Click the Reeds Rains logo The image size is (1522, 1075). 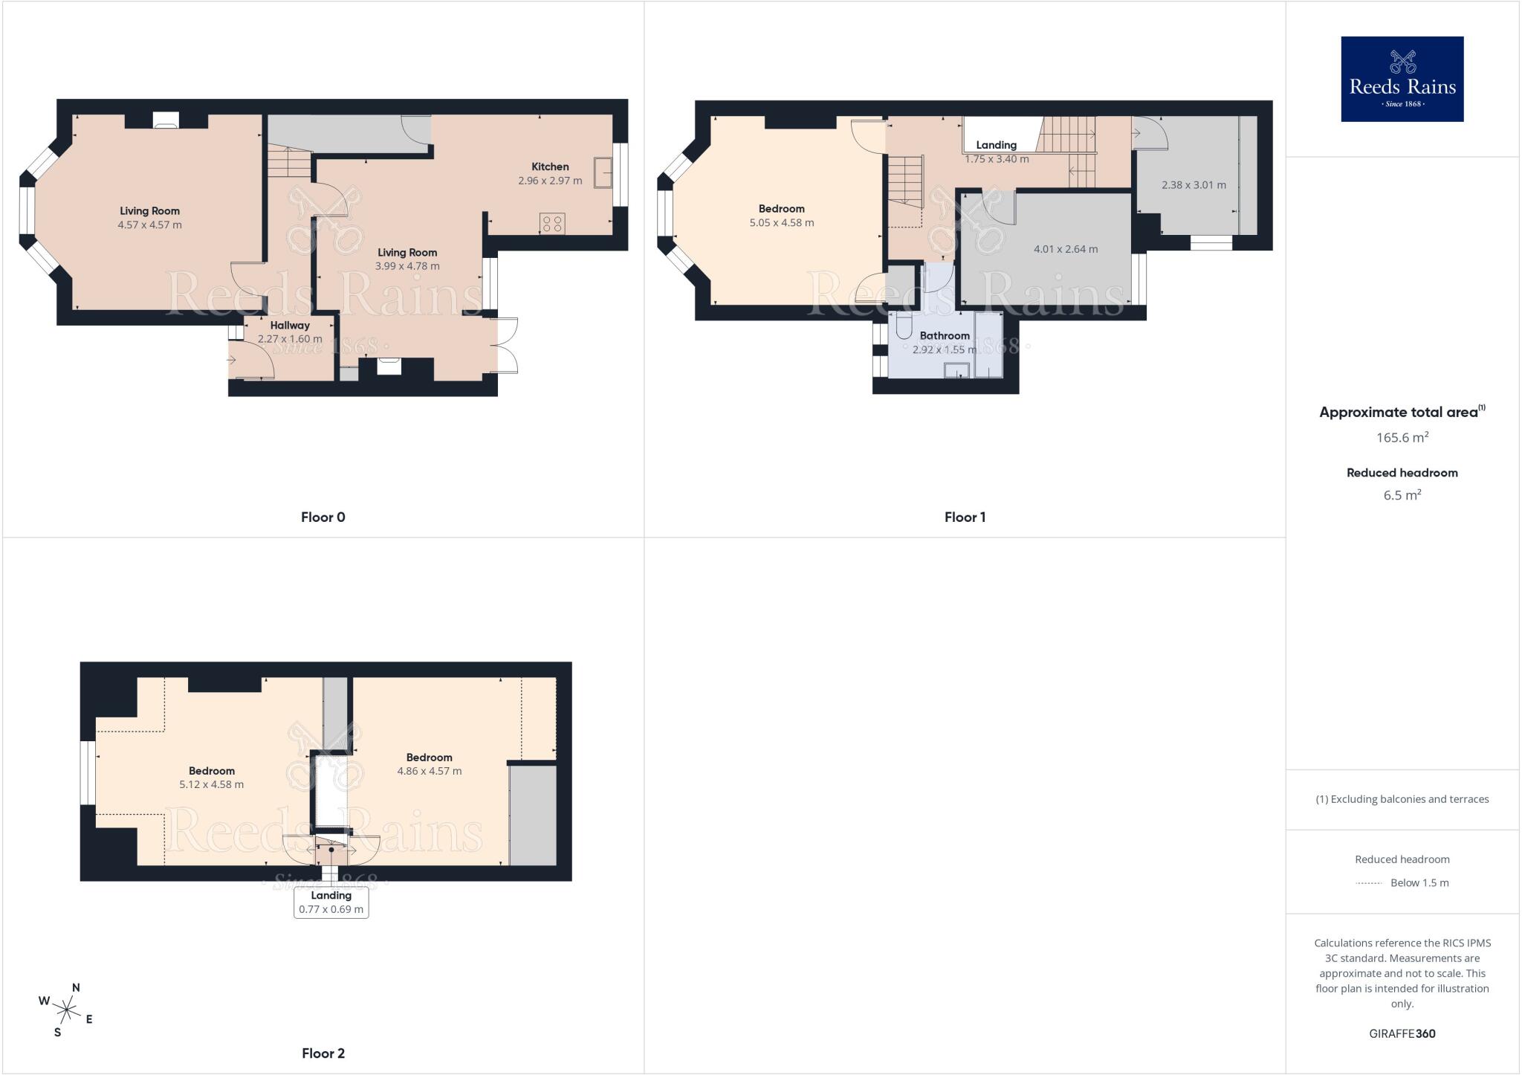click(1402, 79)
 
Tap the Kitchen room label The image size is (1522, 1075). click(550, 167)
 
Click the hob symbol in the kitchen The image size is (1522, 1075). click(552, 224)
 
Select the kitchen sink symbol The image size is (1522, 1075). click(603, 172)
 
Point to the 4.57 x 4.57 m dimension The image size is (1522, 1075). click(149, 225)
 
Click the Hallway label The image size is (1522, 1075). click(290, 325)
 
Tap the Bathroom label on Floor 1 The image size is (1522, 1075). click(945, 335)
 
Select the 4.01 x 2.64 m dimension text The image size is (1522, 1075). click(1066, 249)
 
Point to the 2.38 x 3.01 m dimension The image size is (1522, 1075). click(1194, 185)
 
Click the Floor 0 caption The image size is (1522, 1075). click(323, 517)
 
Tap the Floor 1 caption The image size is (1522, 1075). click(965, 517)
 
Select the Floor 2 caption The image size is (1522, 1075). click(323, 1053)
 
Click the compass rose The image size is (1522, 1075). click(67, 1010)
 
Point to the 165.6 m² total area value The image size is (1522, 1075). click(1402, 437)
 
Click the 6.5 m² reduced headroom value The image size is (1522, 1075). click(1402, 495)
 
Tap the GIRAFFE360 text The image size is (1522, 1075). click(1402, 1033)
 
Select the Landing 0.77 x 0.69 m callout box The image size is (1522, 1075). click(331, 903)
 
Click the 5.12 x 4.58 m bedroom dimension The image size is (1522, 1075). click(212, 784)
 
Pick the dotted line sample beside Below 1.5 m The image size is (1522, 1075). click(1368, 883)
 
